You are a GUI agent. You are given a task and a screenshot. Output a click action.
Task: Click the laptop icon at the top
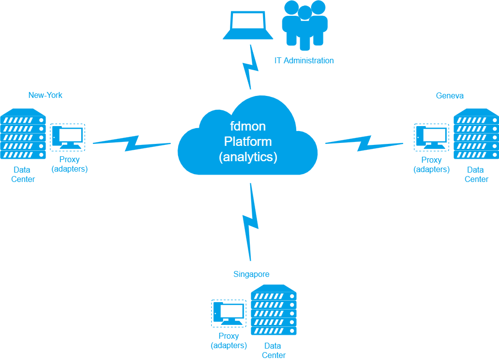[248, 25]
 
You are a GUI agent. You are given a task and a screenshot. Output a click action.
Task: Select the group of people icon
[305, 25]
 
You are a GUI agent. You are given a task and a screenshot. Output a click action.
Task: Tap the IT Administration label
[304, 60]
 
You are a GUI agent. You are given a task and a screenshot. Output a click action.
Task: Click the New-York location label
[45, 95]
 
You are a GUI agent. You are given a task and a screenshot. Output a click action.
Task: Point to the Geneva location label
[450, 95]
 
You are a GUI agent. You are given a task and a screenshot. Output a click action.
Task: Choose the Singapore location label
[251, 274]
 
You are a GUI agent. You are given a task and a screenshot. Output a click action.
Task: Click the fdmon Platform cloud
[248, 137]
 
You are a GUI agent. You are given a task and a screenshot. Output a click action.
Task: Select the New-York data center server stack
[23, 134]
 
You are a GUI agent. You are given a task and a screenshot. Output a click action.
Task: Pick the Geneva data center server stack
[476, 134]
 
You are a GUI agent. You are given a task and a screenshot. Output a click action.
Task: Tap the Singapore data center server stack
[273, 310]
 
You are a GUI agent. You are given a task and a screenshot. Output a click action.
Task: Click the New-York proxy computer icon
[67, 137]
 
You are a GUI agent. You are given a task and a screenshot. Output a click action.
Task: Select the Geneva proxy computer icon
[431, 137]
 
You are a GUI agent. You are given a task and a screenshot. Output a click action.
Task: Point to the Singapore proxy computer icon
[229, 314]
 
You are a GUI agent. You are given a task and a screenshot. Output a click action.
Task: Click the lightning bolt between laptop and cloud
[250, 67]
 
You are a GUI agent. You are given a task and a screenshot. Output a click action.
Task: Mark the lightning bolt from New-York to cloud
[132, 143]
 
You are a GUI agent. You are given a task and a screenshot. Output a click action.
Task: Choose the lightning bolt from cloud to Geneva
[364, 143]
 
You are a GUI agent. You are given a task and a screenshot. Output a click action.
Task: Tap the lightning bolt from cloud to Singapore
[250, 222]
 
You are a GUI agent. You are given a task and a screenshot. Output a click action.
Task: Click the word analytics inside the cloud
[248, 157]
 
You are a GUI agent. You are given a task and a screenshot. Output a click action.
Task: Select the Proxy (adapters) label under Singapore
[229, 341]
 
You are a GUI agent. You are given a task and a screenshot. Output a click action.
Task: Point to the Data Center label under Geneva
[476, 175]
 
